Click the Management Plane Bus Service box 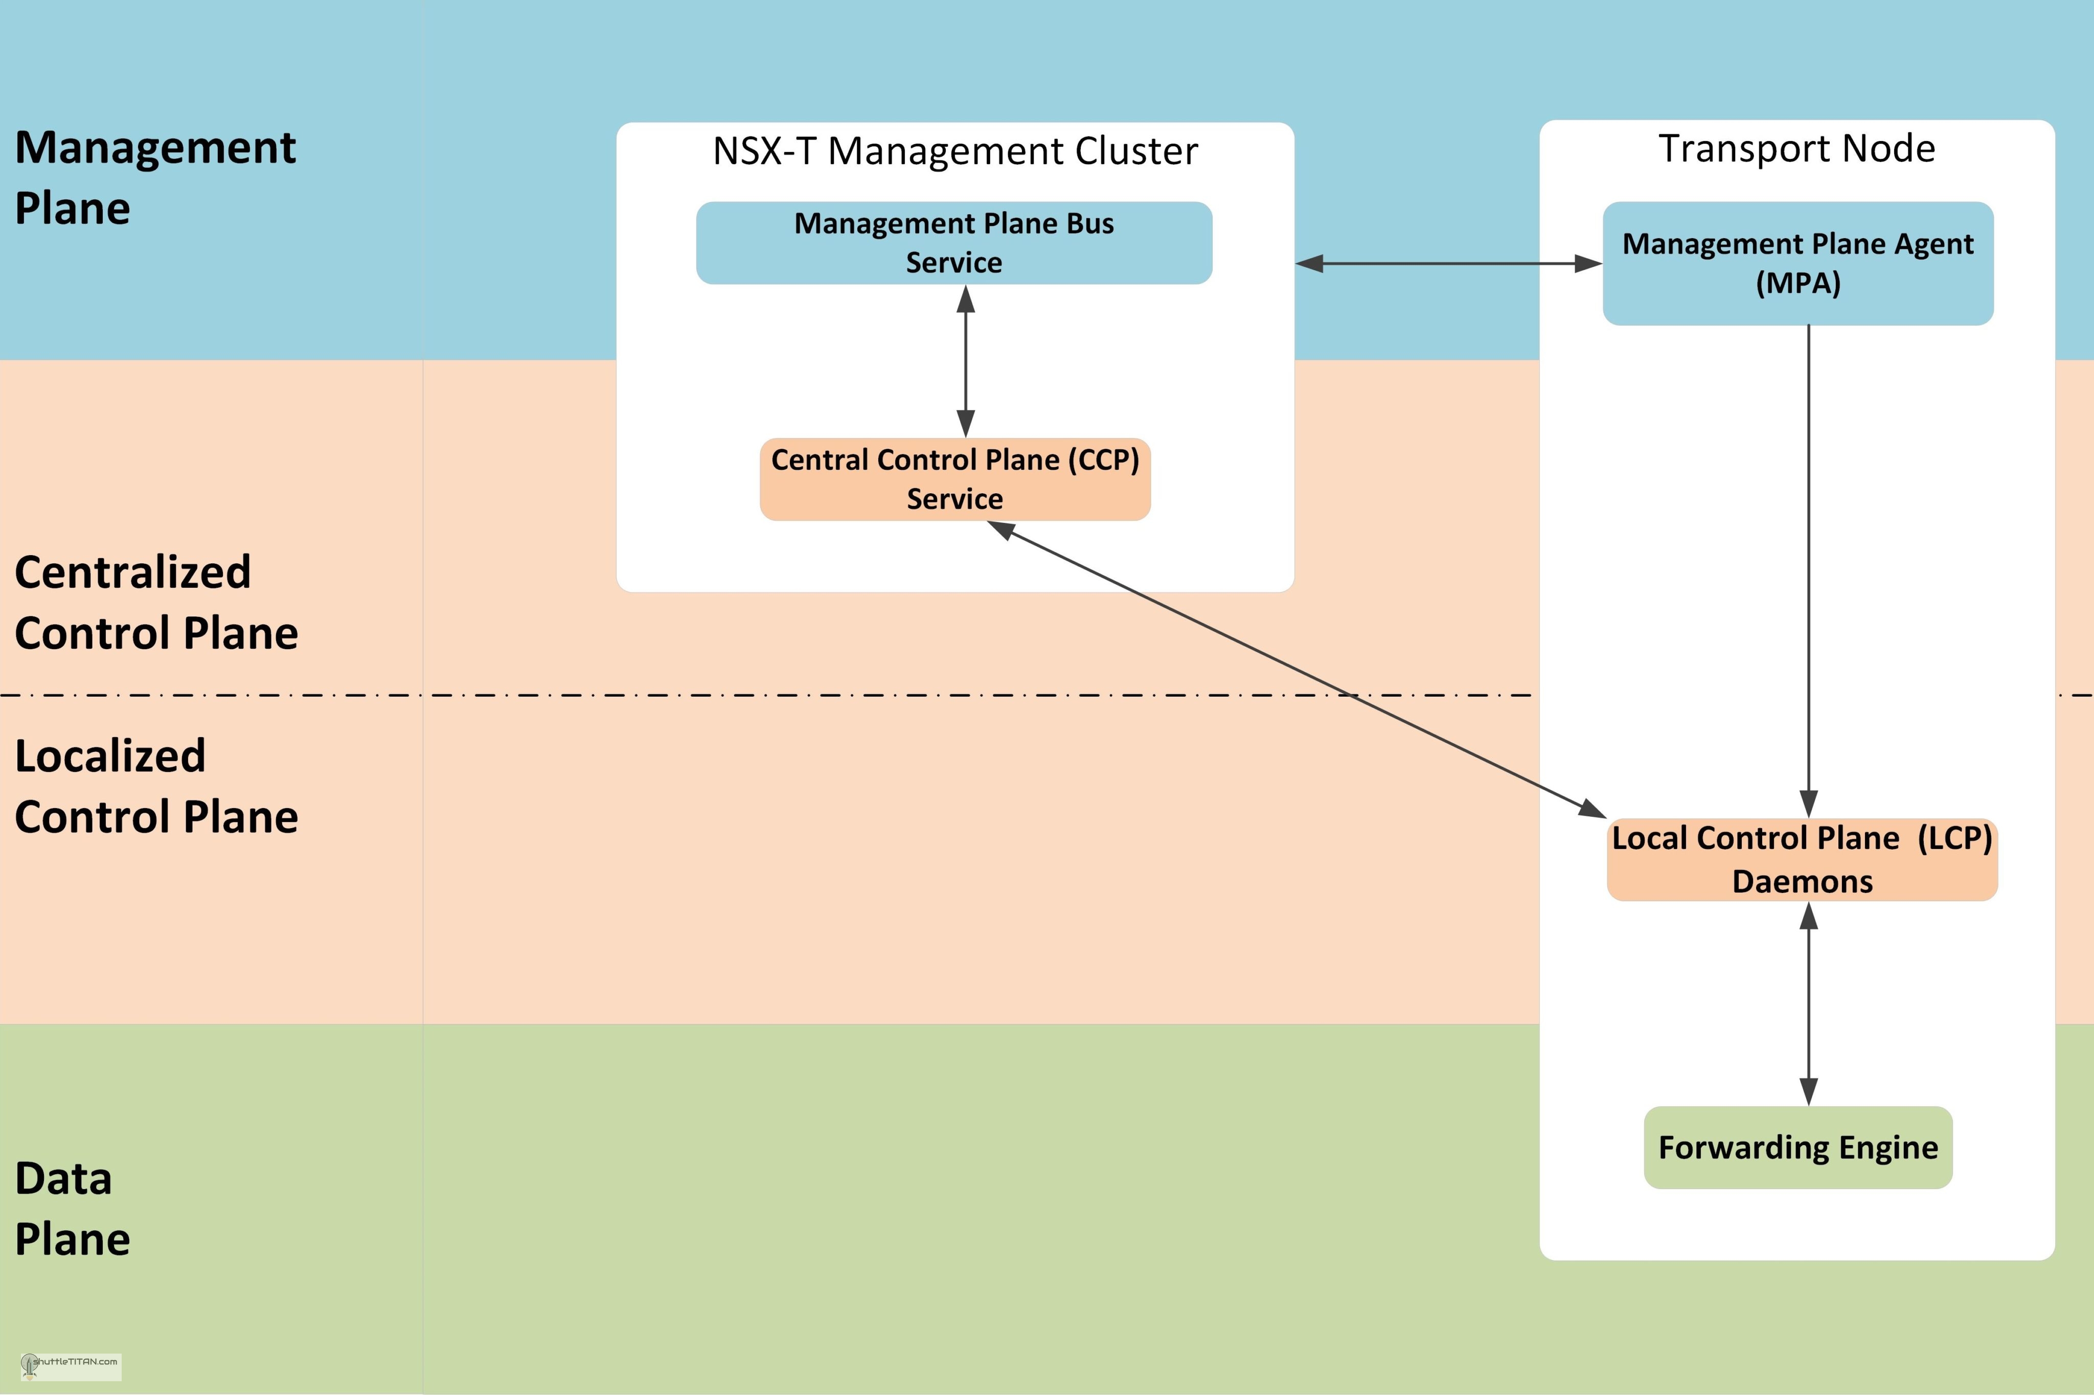click(x=953, y=243)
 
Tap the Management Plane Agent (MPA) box click(x=1798, y=263)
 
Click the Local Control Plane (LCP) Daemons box click(x=1802, y=859)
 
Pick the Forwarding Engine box click(x=1798, y=1148)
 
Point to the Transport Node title click(x=1797, y=149)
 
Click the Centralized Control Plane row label click(x=156, y=602)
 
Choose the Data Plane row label click(x=73, y=1208)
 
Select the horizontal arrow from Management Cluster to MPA click(x=1448, y=263)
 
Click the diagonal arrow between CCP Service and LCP click(x=1299, y=669)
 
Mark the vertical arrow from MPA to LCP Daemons click(x=1808, y=569)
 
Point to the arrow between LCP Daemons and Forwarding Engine click(x=1808, y=1003)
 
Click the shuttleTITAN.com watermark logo click(x=71, y=1366)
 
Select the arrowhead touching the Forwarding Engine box click(x=1808, y=1092)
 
